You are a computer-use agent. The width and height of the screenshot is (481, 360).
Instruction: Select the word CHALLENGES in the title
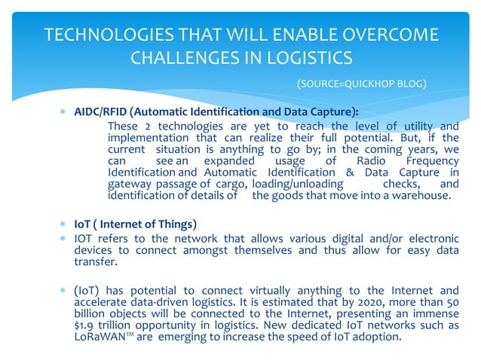[x=185, y=57]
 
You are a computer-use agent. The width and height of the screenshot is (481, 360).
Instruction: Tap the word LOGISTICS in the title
[x=306, y=57]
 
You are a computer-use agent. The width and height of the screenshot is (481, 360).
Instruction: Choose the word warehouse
[x=419, y=197]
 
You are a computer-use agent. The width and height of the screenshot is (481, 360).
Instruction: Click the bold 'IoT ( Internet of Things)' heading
[x=136, y=224]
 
